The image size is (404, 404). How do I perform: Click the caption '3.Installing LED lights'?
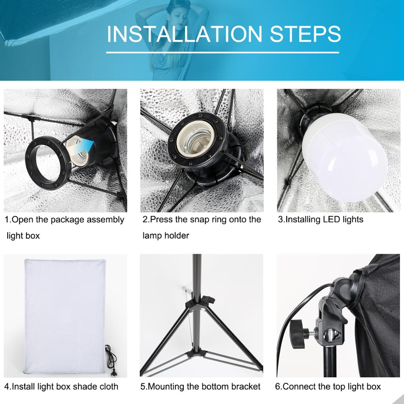tap(321, 220)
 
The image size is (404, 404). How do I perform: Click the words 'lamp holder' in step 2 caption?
tap(166, 236)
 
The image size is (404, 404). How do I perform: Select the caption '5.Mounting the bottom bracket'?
tap(200, 386)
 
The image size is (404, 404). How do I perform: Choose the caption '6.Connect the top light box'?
tap(328, 386)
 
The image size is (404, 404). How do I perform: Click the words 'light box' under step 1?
tap(23, 236)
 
